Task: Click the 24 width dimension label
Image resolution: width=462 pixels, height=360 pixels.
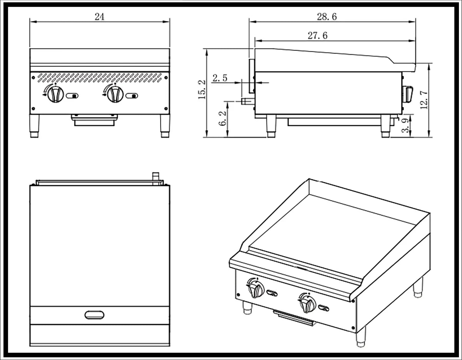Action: (99, 16)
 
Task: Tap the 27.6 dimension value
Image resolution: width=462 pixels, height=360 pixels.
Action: (318, 36)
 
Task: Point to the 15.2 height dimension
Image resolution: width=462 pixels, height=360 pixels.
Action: (201, 90)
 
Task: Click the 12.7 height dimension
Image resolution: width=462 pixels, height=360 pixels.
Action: (423, 100)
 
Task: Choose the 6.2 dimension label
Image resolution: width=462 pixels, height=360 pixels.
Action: (222, 119)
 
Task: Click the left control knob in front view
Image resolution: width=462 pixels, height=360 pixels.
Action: (55, 94)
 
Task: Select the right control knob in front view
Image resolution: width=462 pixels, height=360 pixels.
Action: (114, 94)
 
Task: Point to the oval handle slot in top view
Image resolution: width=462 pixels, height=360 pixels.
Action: (94, 315)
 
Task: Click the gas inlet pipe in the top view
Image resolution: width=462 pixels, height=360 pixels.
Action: (156, 178)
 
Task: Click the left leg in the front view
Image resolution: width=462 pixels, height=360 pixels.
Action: (34, 126)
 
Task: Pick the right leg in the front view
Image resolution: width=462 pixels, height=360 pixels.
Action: (166, 126)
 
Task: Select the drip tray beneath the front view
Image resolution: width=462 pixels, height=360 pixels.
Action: (94, 120)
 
